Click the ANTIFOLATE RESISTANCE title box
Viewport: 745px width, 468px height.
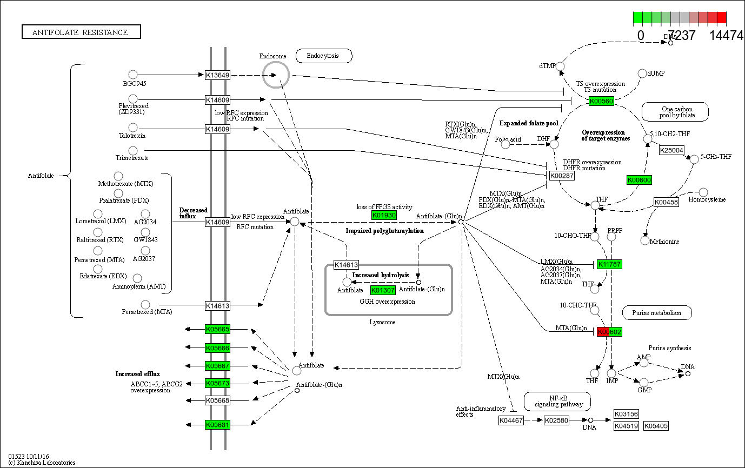click(x=81, y=32)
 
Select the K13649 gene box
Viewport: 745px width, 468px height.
click(x=217, y=75)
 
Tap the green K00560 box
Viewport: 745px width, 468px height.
click(x=601, y=101)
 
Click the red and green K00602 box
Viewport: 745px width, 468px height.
click(x=609, y=331)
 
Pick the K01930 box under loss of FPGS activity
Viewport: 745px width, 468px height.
click(x=384, y=215)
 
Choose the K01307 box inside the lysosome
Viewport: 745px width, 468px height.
click(x=383, y=290)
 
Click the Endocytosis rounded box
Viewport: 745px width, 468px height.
click(x=324, y=56)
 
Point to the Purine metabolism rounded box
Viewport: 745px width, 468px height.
click(x=657, y=312)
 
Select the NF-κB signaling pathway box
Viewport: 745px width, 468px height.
click(x=557, y=401)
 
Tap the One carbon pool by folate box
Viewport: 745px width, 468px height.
click(x=675, y=112)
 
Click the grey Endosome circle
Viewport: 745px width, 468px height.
click(x=276, y=74)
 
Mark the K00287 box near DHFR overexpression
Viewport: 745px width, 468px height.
click(x=562, y=176)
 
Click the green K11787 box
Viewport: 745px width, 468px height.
click(x=609, y=264)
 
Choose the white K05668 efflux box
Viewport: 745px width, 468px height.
click(x=217, y=400)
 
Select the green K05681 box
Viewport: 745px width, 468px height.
click(x=217, y=425)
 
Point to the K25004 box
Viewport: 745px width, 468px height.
click(x=672, y=150)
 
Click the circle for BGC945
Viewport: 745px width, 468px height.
click(x=133, y=75)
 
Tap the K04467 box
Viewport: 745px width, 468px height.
click(x=511, y=420)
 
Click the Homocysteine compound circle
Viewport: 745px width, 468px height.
click(x=703, y=192)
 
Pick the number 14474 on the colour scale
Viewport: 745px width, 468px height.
click(x=726, y=36)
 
